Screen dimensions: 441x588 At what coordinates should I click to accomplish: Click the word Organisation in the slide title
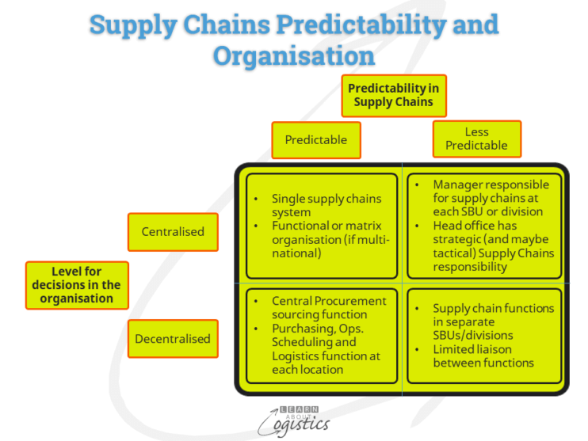pyautogui.click(x=293, y=55)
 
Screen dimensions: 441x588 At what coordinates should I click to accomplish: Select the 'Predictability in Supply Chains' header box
pyautogui.click(x=393, y=95)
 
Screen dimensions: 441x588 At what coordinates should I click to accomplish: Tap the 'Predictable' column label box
pyautogui.click(x=315, y=140)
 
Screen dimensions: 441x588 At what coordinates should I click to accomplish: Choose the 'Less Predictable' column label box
pyautogui.click(x=476, y=139)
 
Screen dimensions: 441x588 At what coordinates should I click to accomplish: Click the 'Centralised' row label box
pyautogui.click(x=173, y=232)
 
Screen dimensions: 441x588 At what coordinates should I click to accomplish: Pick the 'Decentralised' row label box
pyautogui.click(x=173, y=339)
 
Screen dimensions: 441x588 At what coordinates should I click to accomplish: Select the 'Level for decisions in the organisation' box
pyautogui.click(x=76, y=285)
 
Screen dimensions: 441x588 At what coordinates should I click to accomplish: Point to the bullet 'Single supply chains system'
pyautogui.click(x=326, y=205)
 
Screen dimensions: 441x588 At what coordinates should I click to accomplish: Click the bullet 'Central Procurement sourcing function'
pyautogui.click(x=328, y=307)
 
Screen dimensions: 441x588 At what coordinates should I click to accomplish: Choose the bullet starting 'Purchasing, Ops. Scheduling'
pyautogui.click(x=325, y=349)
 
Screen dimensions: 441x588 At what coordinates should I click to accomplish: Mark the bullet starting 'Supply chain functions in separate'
pyautogui.click(x=492, y=321)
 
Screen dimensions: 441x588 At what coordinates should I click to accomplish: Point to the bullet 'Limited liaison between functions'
pyautogui.click(x=483, y=356)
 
